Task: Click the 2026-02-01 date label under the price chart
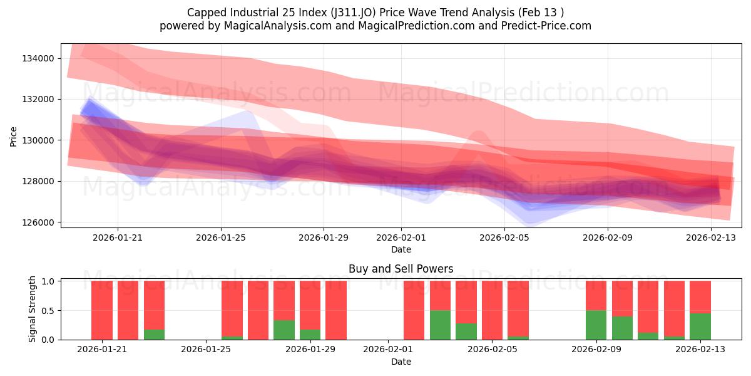tap(401, 238)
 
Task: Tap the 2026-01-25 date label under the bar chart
tap(206, 349)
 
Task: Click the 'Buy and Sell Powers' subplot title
tap(401, 269)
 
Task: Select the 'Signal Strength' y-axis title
tap(33, 309)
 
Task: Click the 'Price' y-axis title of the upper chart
tap(14, 136)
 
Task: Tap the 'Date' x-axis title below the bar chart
tap(401, 362)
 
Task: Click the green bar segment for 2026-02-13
tap(700, 326)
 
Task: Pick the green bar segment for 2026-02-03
tap(440, 325)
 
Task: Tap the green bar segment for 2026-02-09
tap(596, 325)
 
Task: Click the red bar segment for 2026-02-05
tap(492, 310)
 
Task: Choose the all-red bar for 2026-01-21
tap(102, 310)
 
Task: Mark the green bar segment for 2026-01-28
tap(284, 330)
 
